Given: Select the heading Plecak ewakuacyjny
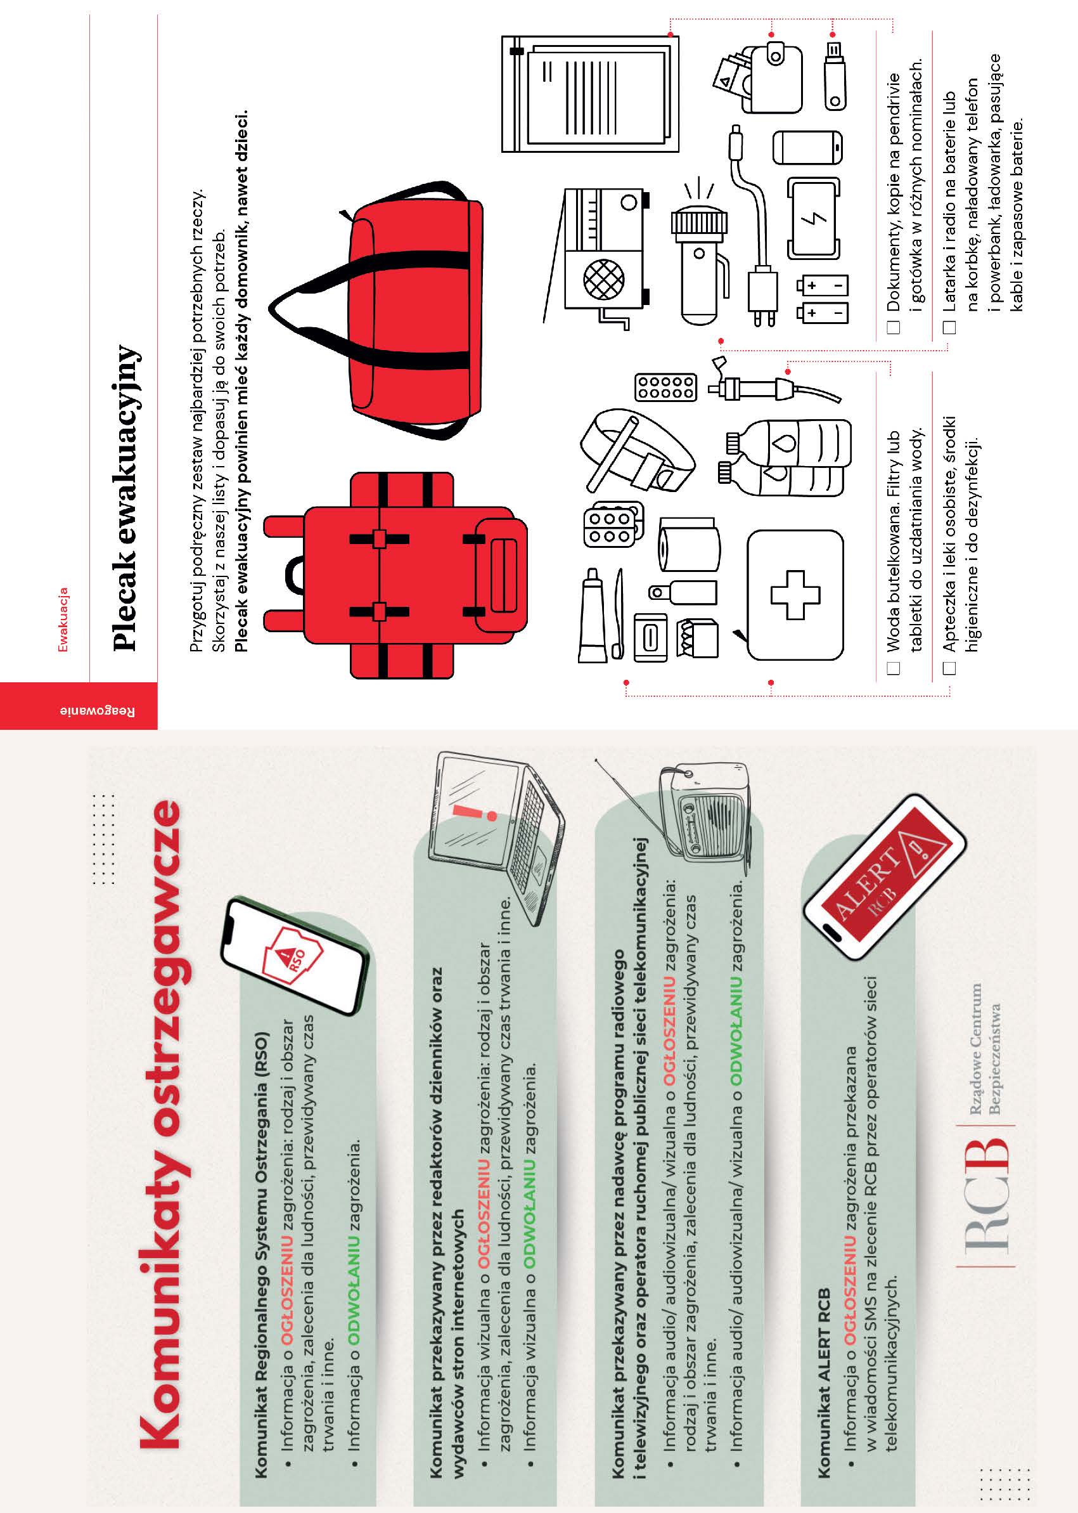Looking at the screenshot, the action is tap(126, 498).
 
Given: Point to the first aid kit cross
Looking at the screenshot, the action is tap(795, 594).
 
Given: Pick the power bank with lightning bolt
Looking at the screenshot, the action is tap(814, 219).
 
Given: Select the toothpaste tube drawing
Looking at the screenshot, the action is tap(592, 615).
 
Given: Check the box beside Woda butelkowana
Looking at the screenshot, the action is tap(894, 668).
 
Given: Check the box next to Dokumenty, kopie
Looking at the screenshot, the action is tap(894, 327).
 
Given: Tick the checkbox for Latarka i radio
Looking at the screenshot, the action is tap(950, 327).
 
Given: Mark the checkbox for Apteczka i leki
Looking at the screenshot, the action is tap(950, 668).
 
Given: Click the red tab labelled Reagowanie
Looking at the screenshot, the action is tap(79, 705).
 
